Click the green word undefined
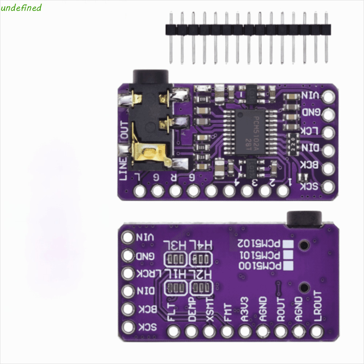point(21,8)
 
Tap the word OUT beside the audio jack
point(124,131)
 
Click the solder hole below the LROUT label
point(316,331)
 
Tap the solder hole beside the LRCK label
point(128,273)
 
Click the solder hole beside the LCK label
point(329,132)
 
